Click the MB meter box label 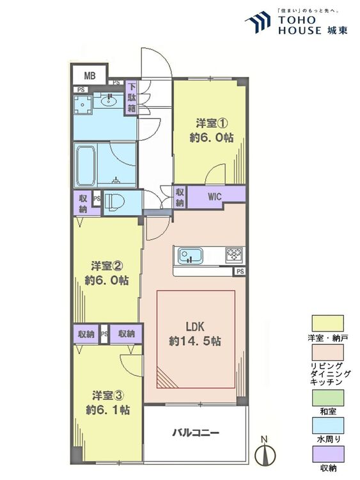click(90, 76)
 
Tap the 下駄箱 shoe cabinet click(132, 98)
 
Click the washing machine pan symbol click(82, 105)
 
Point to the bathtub click(86, 166)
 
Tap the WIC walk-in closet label click(214, 196)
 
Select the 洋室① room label click(212, 124)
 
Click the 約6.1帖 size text click(107, 410)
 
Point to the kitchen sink click(191, 255)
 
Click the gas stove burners click(234, 255)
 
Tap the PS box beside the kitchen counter click(240, 271)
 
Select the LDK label click(195, 326)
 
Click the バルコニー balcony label click(196, 433)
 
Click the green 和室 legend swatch click(327, 397)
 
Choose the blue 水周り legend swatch click(327, 426)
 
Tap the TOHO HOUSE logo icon click(258, 22)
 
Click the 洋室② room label click(107, 266)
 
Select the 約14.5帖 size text click(195, 341)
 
